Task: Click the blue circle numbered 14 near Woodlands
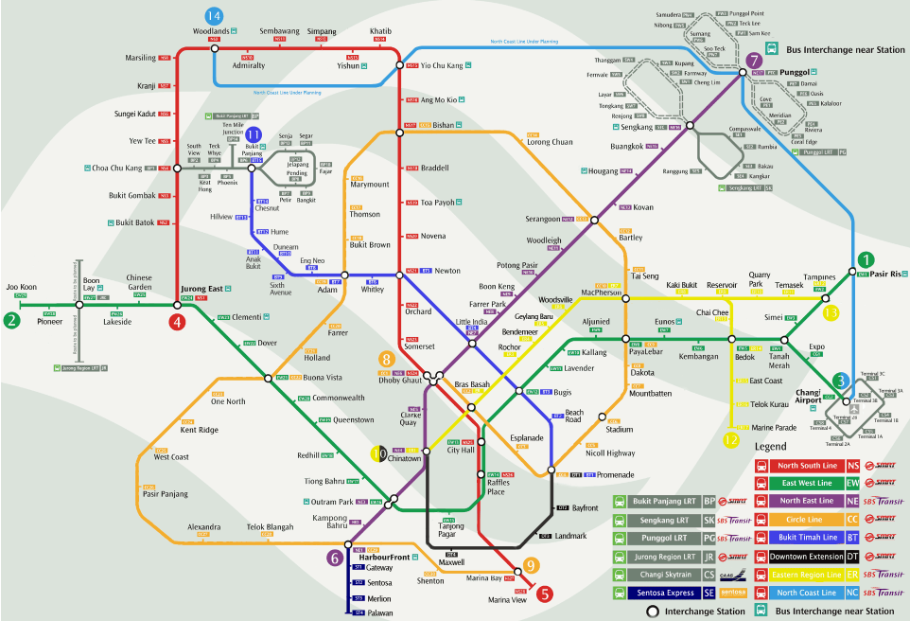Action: [214, 16]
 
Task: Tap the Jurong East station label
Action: [202, 289]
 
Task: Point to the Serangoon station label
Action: [544, 219]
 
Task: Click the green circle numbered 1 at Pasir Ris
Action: [865, 258]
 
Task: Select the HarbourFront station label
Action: [384, 558]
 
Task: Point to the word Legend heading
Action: [777, 445]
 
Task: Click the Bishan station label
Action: [443, 125]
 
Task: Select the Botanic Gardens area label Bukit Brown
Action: [370, 245]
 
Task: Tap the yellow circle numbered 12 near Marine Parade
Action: [730, 439]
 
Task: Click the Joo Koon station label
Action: [21, 286]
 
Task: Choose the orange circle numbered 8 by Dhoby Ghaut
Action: [386, 359]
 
